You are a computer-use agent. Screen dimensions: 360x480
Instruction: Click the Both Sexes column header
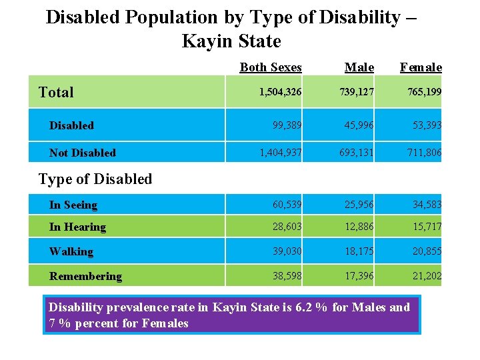pos(271,67)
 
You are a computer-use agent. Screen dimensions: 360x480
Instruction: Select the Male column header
pos(359,67)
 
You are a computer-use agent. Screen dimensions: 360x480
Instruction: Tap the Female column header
pos(421,67)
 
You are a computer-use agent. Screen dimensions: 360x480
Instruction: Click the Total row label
pos(56,92)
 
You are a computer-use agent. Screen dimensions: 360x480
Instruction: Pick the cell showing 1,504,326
pos(280,92)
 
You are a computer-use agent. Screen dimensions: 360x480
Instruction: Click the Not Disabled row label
pos(83,153)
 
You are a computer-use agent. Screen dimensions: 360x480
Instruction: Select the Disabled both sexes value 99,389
pos(287,125)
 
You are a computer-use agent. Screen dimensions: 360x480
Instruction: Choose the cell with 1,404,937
pos(281,153)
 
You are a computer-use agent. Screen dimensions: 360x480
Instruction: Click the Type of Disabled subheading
pos(95,179)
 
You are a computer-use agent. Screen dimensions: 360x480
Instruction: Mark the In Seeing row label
pos(73,205)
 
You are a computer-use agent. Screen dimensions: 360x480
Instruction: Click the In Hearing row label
pos(77,227)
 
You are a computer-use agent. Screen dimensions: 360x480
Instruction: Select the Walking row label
pos(71,251)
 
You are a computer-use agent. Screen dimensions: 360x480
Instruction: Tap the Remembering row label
pos(85,276)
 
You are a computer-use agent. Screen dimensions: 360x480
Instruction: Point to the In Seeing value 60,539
pos(287,205)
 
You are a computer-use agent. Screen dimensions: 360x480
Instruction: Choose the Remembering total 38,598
pos(287,276)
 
